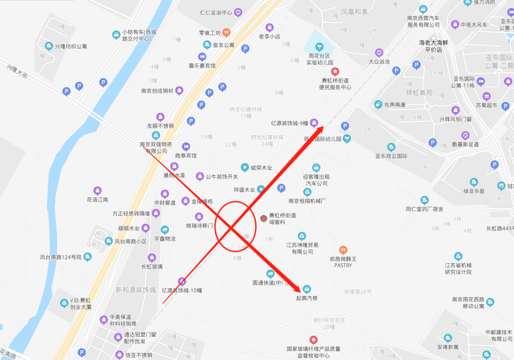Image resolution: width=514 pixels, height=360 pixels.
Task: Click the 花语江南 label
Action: [x=98, y=200]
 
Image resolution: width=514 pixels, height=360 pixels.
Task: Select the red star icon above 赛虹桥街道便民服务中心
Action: [x=335, y=71]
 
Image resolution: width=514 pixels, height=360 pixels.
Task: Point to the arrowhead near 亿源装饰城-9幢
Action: [x=320, y=128]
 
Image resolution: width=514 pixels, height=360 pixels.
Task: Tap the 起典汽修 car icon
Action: [x=306, y=289]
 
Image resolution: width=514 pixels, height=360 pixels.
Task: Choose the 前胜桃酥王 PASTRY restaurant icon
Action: [x=343, y=250]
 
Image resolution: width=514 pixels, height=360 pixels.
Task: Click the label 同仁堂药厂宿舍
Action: [x=425, y=209]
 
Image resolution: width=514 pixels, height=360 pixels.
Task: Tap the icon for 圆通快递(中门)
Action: [x=270, y=274]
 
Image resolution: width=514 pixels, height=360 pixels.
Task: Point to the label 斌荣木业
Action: [x=262, y=168]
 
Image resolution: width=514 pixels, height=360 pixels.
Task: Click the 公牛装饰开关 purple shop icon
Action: [x=200, y=177]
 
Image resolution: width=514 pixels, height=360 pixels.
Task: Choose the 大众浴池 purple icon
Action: [x=379, y=52]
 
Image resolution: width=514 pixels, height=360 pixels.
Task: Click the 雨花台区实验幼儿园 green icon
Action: [x=319, y=47]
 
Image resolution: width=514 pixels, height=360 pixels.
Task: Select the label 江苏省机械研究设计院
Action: [x=458, y=269]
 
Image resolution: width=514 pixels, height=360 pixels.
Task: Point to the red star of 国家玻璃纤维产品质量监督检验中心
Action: [x=314, y=340]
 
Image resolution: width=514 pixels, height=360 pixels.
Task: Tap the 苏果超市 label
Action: [x=486, y=105]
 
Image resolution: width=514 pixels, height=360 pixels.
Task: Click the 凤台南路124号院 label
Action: [x=61, y=258]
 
